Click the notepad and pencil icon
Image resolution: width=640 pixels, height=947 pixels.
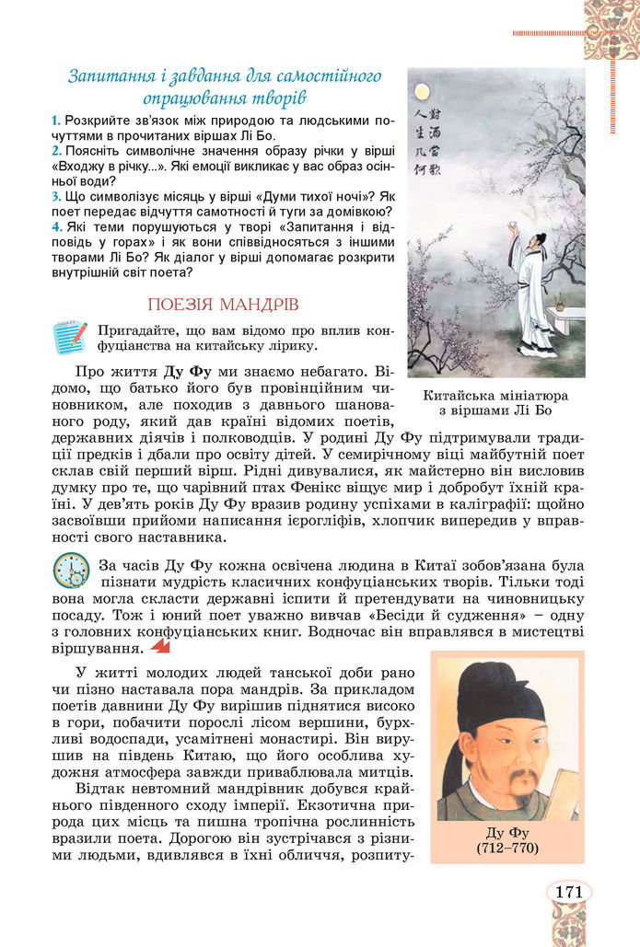[70, 338]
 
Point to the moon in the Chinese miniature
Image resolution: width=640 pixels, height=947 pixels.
[423, 92]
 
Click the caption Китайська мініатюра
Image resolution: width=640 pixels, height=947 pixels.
[495, 394]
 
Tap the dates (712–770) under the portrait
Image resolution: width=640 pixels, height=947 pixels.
[506, 848]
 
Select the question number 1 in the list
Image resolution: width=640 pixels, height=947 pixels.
[56, 121]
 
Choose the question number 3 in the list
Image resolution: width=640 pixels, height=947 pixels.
[56, 195]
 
